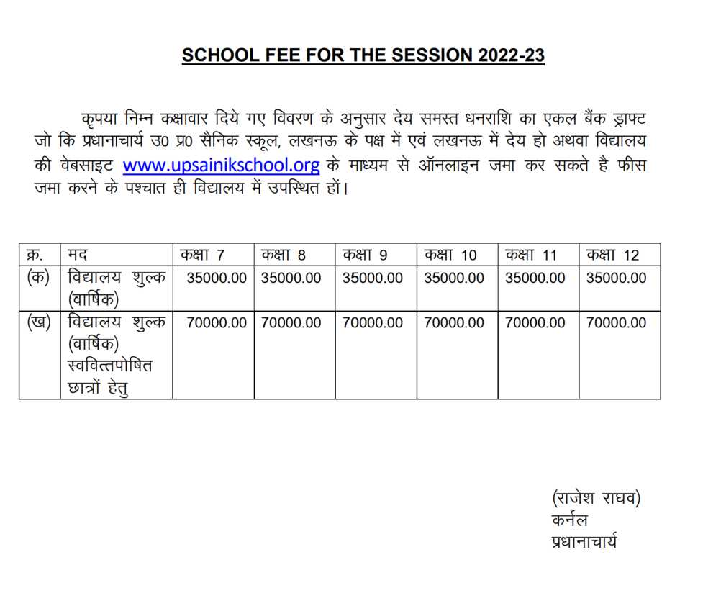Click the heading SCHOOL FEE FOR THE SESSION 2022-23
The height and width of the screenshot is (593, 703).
[363, 55]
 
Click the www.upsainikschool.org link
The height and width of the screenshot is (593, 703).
[221, 165]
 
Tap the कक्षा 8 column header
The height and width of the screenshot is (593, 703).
[284, 255]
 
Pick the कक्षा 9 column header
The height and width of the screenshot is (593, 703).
[365, 255]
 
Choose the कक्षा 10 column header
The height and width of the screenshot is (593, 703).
[450, 255]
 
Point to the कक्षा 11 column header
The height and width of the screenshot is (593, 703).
[531, 255]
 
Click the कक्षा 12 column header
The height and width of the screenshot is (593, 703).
[612, 255]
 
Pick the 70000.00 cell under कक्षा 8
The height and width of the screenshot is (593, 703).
[291, 323]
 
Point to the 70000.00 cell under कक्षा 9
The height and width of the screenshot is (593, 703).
[373, 323]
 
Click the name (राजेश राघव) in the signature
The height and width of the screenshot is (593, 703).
[596, 497]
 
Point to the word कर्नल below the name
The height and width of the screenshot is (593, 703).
[569, 520]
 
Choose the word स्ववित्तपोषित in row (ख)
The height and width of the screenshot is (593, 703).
[109, 366]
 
